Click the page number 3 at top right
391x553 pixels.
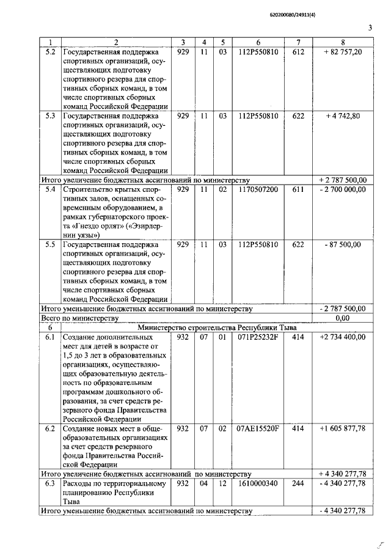pos(370,27)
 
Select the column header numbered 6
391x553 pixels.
pos(258,42)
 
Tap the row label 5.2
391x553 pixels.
pos(51,52)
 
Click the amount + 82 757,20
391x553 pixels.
pos(343,52)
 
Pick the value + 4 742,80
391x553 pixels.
pos(343,115)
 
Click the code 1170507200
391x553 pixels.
pos(258,189)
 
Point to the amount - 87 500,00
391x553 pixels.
pos(343,244)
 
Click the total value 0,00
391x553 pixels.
pos(343,318)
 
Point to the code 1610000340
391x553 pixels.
pos(258,483)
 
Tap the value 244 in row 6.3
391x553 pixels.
pos(298,483)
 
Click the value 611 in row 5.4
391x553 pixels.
pos(298,189)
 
